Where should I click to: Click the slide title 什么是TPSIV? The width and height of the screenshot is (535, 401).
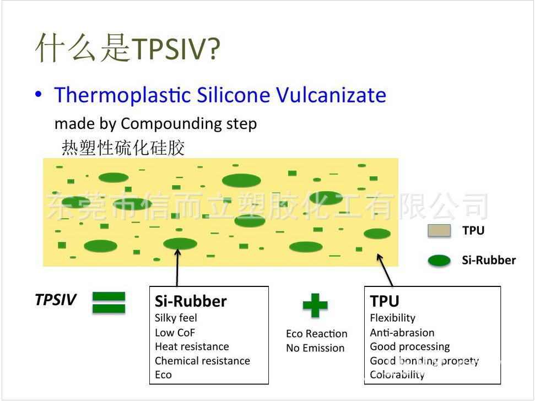[128, 48]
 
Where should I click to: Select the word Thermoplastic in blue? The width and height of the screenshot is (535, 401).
[122, 95]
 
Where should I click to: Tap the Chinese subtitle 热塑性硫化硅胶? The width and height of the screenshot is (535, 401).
[123, 148]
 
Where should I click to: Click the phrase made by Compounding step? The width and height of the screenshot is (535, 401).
[155, 123]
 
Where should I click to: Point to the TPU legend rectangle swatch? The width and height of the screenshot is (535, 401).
[439, 231]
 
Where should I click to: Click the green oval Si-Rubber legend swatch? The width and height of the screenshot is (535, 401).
[439, 261]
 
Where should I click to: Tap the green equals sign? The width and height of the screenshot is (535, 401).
[109, 303]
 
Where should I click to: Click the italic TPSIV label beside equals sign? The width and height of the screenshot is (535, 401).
[56, 300]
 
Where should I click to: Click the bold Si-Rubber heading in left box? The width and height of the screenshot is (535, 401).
[191, 301]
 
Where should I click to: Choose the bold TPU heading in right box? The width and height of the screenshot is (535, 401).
[385, 301]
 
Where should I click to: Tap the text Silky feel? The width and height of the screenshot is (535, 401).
[176, 318]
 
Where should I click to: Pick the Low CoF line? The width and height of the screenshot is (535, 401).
[175, 332]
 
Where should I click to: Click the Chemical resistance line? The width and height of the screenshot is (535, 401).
[202, 361]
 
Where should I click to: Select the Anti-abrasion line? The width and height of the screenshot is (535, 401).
[402, 332]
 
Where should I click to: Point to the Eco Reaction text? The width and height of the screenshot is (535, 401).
[316, 334]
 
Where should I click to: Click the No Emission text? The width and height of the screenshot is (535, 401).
[315, 348]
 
